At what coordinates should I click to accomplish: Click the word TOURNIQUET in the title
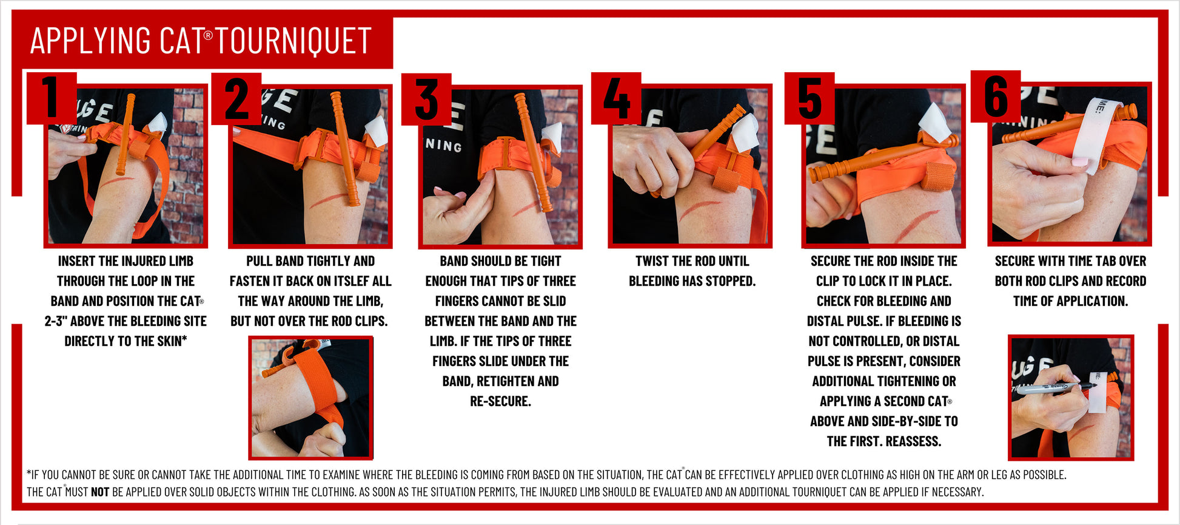(293, 41)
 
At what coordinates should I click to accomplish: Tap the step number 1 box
(51, 98)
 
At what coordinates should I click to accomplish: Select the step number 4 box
(616, 98)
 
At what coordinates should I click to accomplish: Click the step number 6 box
(995, 97)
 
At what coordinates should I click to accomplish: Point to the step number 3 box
(426, 99)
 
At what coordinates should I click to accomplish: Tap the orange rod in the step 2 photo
(344, 149)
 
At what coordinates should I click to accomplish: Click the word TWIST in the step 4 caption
(650, 262)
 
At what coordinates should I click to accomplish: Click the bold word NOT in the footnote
(99, 492)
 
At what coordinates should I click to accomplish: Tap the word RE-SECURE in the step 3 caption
(500, 402)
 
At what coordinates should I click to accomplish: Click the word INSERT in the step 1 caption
(77, 262)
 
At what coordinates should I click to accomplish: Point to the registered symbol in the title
(208, 35)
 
